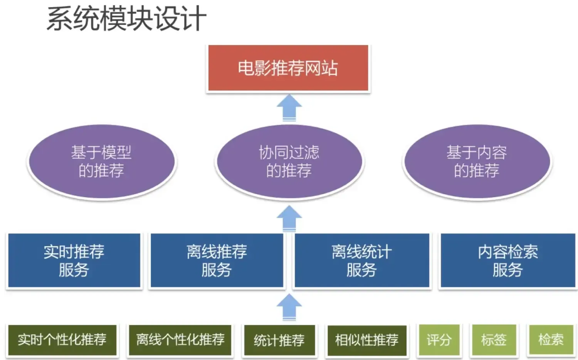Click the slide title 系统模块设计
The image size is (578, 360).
tap(126, 19)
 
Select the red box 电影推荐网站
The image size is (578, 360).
tap(288, 68)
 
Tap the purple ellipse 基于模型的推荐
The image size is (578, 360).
tap(101, 161)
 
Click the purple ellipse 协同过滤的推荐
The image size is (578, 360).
tap(289, 161)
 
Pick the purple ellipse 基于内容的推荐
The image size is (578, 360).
tap(477, 161)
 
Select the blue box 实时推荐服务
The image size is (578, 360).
tap(74, 261)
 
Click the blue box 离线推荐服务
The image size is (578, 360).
tap(217, 261)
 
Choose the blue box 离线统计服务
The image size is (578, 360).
tap(361, 261)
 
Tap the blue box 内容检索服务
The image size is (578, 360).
tap(507, 261)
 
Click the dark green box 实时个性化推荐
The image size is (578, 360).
tap(62, 340)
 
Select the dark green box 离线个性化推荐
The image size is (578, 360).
tap(180, 340)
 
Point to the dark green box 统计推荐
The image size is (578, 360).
tap(279, 340)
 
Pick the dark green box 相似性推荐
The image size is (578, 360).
tap(366, 340)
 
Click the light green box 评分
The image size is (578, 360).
tap(439, 340)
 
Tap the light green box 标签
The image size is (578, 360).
tap(494, 340)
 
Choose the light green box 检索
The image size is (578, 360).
tap(551, 340)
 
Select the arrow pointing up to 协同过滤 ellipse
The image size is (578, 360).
tap(289, 219)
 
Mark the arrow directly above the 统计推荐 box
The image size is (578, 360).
tap(289, 307)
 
